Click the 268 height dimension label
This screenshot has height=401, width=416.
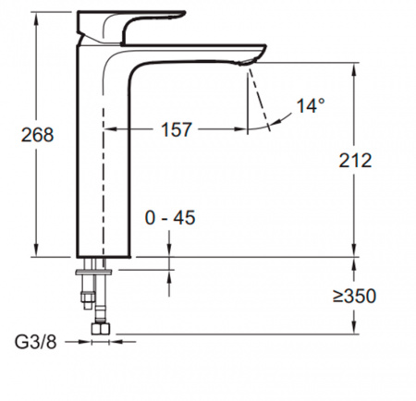(x=37, y=135)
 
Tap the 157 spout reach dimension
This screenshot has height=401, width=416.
(x=177, y=129)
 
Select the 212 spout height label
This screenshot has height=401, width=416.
(x=355, y=161)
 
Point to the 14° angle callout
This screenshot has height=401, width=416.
(x=311, y=105)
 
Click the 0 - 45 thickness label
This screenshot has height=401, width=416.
(x=170, y=218)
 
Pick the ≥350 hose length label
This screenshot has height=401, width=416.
(x=354, y=296)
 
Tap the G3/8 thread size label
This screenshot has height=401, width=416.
(x=36, y=342)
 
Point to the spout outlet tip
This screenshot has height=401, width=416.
(x=247, y=63)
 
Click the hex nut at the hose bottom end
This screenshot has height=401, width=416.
(x=101, y=329)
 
